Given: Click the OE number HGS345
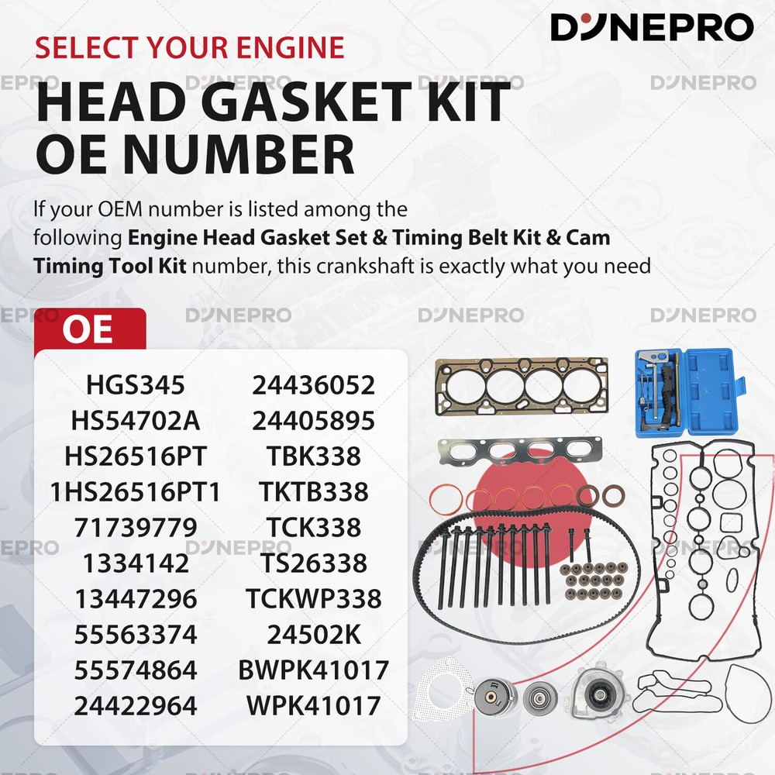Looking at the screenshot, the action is (136, 385).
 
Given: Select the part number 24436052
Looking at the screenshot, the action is (314, 385).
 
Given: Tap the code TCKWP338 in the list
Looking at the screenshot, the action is (314, 598).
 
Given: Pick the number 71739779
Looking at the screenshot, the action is (136, 527).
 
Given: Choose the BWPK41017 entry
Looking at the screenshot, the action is (314, 670).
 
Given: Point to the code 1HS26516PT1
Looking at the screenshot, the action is (136, 492).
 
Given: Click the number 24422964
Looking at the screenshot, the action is (136, 705).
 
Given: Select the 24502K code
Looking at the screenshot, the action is (314, 634).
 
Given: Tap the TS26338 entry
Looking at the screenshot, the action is (314, 563).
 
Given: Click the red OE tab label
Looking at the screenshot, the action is (88, 329).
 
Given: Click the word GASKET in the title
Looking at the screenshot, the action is (305, 102).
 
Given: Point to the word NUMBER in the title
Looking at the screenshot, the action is (239, 154).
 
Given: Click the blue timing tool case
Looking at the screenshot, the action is (690, 392).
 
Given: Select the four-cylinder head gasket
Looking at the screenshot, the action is (522, 385).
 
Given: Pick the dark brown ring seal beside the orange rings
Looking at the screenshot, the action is (613, 495).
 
